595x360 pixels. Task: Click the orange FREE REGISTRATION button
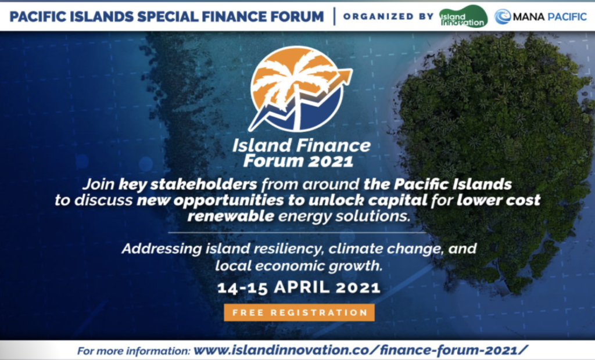point(299,312)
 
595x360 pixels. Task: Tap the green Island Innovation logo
point(463,17)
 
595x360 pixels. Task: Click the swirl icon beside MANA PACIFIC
point(503,17)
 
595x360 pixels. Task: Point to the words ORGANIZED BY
point(388,17)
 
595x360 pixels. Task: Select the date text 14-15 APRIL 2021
point(299,287)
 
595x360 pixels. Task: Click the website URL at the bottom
point(360,350)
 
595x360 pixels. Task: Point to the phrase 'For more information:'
point(134,351)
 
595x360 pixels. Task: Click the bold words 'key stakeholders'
point(188,185)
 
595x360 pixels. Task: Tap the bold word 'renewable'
point(231,216)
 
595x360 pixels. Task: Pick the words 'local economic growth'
point(299,265)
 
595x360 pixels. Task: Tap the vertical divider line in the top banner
point(334,16)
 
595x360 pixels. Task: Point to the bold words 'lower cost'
point(499,200)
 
